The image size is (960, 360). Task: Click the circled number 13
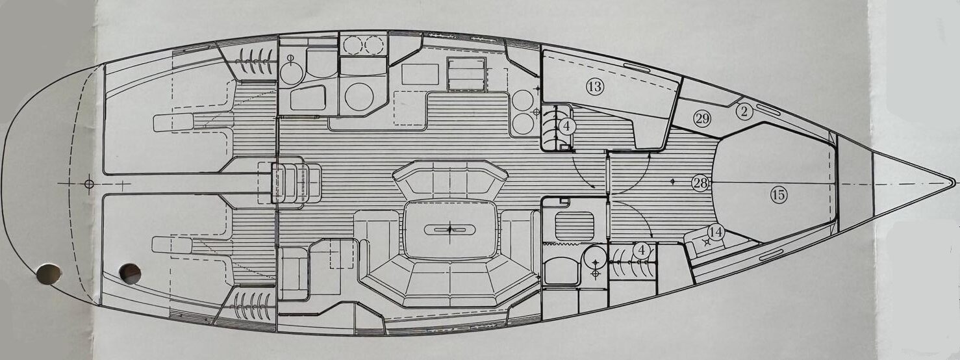coord(594,87)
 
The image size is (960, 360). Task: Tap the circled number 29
coord(702,118)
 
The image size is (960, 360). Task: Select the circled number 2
coord(744,112)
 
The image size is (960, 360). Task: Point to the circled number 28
coord(700,184)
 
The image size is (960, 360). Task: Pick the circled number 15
coord(779,196)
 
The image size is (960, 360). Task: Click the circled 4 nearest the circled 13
coord(566,127)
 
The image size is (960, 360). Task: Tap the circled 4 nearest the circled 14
coord(642,250)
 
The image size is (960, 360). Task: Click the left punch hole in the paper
coord(49,274)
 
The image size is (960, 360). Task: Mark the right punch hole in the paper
coord(131,274)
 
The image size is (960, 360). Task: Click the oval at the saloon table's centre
coord(449,230)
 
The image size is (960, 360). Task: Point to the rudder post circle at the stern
coord(89,184)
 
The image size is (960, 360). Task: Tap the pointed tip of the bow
coord(954,183)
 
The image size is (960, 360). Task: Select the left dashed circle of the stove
coord(353,45)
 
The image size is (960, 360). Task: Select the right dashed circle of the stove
coord(374,45)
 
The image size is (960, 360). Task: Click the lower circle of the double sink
coord(523,123)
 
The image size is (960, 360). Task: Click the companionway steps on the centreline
coord(296,183)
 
